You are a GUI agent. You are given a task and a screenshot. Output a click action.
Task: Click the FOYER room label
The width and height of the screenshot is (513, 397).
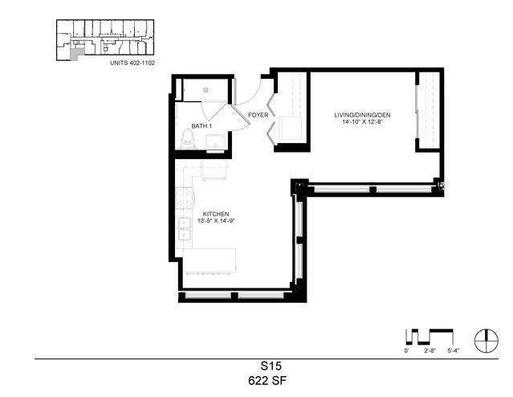259,115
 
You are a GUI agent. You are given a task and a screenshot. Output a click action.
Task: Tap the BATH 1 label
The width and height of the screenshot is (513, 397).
202,126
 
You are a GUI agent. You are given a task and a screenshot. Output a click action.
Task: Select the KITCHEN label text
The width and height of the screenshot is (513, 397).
216,215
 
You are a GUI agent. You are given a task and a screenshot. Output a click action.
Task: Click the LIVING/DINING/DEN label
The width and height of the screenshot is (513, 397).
362,115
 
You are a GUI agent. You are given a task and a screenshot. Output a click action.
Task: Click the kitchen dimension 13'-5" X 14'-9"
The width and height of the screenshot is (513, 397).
216,221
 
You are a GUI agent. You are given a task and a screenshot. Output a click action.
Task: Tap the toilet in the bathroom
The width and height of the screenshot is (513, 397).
188,139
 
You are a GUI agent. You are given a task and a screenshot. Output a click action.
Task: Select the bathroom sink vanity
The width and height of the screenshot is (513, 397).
215,143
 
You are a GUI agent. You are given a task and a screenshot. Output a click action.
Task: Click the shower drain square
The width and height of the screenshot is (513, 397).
206,90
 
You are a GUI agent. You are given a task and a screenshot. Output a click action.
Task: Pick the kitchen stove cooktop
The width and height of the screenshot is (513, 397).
185,198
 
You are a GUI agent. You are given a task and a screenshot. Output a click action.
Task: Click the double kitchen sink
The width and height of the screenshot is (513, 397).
184,228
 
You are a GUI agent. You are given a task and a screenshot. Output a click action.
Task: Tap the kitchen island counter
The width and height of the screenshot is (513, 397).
210,260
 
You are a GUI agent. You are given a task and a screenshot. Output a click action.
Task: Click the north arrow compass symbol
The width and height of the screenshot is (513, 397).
487,340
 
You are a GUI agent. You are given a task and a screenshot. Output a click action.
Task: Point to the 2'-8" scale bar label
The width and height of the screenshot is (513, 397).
430,350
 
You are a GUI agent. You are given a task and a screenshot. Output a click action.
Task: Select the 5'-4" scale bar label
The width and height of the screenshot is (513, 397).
454,350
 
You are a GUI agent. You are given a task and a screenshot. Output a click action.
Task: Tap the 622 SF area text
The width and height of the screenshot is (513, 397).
267,381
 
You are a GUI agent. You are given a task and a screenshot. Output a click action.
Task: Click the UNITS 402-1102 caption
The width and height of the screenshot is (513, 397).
132,63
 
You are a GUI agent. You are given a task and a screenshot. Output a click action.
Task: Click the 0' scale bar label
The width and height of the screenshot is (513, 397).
407,350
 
